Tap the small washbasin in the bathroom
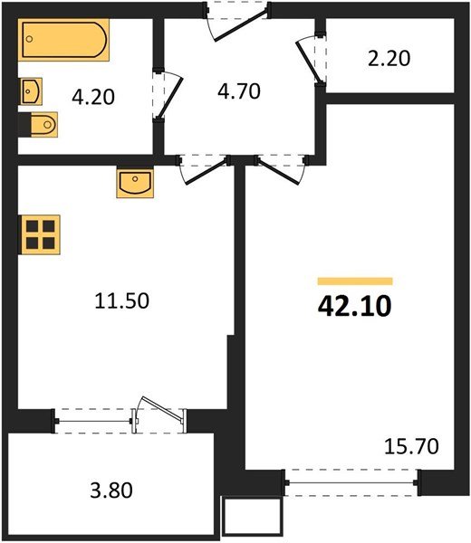coord(33,90)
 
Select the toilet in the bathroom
coord(40,123)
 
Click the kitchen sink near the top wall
coord(135,184)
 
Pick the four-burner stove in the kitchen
coord(41,233)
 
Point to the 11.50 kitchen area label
coord(120,301)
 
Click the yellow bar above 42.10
coord(354,281)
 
